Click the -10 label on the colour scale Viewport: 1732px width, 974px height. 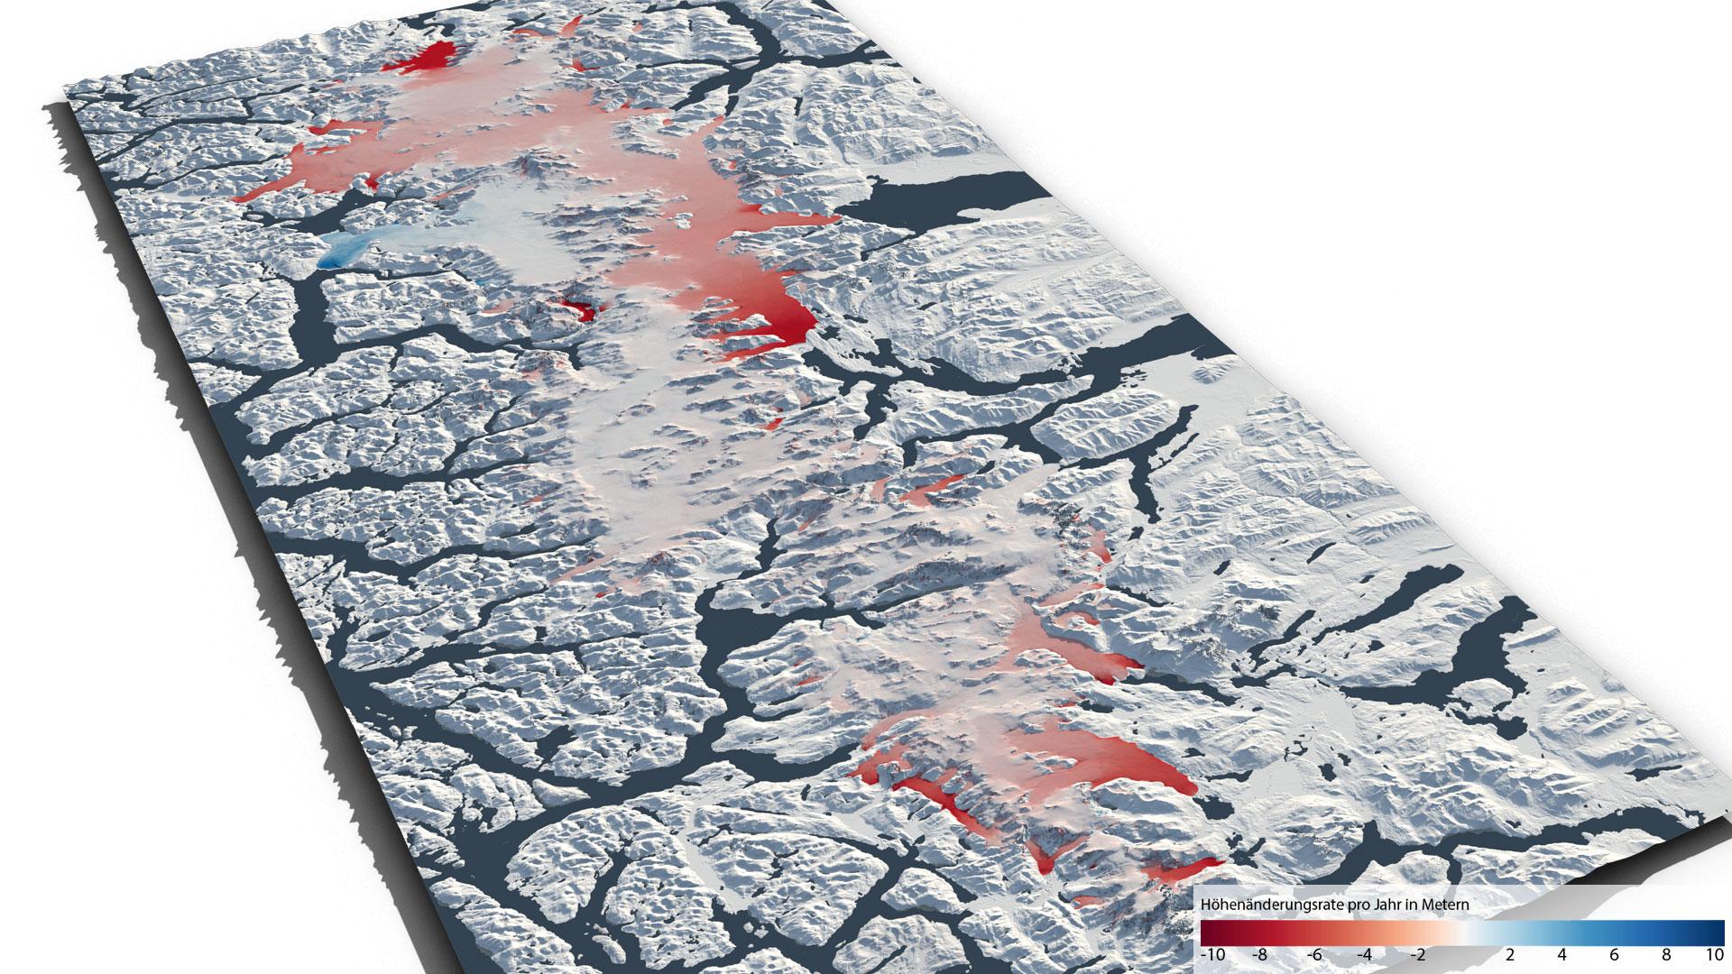click(x=1213, y=956)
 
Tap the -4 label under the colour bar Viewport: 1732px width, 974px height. click(x=1365, y=956)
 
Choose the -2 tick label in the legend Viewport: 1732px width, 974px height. click(x=1417, y=956)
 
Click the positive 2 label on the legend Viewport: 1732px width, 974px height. click(x=1510, y=956)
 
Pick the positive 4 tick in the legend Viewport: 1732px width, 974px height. click(x=1562, y=956)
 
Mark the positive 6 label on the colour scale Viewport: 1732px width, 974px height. click(x=1614, y=956)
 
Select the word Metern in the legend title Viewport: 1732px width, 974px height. click(x=1445, y=904)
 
